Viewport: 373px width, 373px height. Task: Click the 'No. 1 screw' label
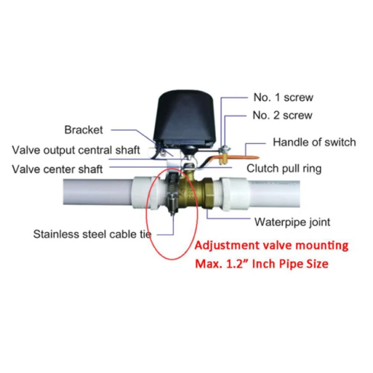pyautogui.click(x=283, y=97)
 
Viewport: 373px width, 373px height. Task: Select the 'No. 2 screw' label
pyautogui.click(x=283, y=116)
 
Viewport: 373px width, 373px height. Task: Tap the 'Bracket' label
pyautogui.click(x=84, y=130)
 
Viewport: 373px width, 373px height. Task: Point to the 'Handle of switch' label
pyautogui.click(x=314, y=142)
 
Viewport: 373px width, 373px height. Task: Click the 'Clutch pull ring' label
pyautogui.click(x=284, y=169)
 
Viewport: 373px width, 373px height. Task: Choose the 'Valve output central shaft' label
pyautogui.click(x=76, y=150)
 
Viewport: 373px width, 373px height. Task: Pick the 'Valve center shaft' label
pyautogui.click(x=57, y=169)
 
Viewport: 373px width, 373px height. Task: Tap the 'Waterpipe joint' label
pyautogui.click(x=292, y=222)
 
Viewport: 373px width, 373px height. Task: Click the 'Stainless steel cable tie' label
pyautogui.click(x=93, y=234)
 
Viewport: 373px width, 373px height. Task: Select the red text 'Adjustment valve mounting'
pyautogui.click(x=272, y=245)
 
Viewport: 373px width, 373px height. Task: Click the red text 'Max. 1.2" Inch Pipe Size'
pyautogui.click(x=262, y=264)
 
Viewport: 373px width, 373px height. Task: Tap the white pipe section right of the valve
pyautogui.click(x=274, y=194)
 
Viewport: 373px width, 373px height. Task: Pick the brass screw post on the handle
pyautogui.click(x=223, y=158)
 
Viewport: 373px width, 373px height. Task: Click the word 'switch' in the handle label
pyautogui.click(x=340, y=142)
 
